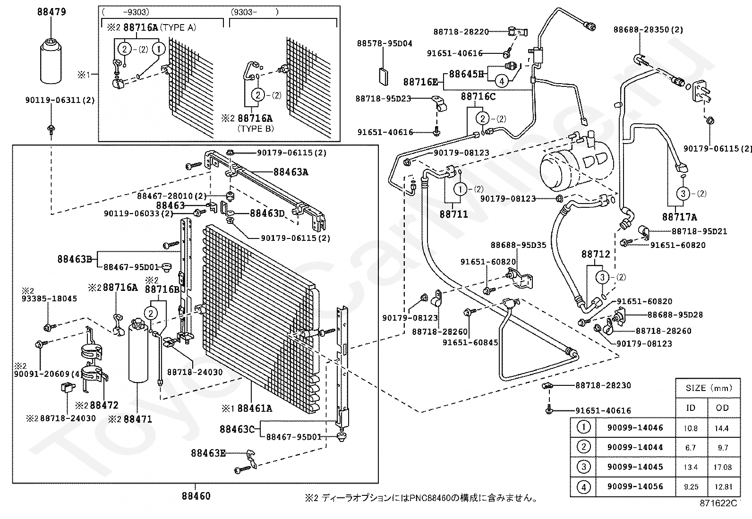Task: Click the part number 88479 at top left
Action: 51,12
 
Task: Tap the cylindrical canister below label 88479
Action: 51,60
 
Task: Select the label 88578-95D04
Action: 385,43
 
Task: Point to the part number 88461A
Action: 255,408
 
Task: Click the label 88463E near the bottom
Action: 208,453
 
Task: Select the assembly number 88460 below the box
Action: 196,496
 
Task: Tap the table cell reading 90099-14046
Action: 635,428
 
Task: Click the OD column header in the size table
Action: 722,408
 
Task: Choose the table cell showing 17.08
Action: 722,467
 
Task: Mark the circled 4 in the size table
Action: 583,486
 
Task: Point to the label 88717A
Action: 679,217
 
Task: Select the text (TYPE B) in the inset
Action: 256,128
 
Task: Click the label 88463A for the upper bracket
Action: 291,172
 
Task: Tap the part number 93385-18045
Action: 49,298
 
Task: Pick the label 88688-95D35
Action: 518,245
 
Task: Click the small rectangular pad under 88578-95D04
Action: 384,77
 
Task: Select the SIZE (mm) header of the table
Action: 709,388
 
